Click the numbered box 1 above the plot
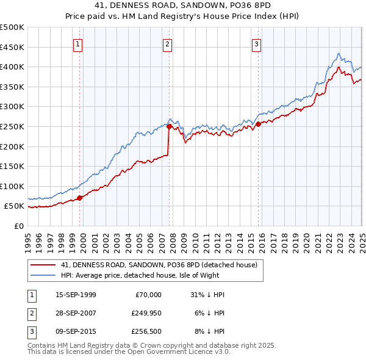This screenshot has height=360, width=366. click(79, 43)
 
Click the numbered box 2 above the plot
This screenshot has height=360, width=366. click(167, 43)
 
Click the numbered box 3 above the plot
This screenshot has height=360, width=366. click(257, 43)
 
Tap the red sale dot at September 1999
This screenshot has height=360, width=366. click(80, 198)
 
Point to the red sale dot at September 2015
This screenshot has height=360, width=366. click(258, 124)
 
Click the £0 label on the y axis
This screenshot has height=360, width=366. click(18, 226)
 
